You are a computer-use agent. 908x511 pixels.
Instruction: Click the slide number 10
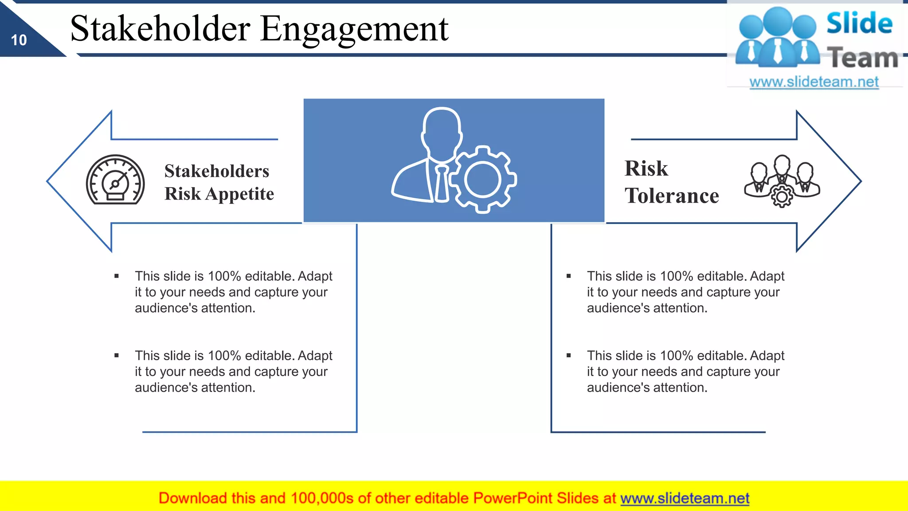click(x=19, y=40)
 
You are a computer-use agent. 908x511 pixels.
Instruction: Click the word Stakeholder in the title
click(x=160, y=28)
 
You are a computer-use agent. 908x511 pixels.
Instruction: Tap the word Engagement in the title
click(x=354, y=29)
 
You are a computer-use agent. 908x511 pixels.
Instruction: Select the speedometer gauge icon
click(x=115, y=180)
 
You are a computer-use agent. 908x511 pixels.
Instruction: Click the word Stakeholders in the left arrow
click(x=216, y=171)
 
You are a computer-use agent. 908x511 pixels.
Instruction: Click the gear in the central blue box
click(x=482, y=180)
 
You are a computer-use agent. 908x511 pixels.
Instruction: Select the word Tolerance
click(x=672, y=196)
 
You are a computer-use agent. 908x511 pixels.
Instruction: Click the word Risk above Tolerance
click(x=646, y=169)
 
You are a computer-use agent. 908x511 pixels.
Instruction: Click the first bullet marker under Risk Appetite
click(x=117, y=276)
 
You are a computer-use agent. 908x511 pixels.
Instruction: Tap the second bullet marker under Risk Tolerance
click(x=569, y=355)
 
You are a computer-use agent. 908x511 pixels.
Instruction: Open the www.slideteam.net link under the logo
click(x=814, y=82)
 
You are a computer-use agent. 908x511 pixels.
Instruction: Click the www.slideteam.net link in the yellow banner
click(x=685, y=498)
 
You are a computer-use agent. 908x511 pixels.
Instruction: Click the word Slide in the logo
click(x=859, y=23)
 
